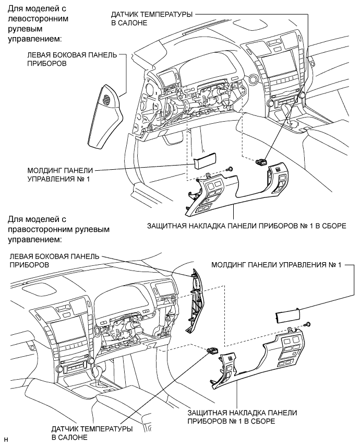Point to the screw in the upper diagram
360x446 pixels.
tap(230, 168)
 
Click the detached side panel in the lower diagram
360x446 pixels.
tap(194, 301)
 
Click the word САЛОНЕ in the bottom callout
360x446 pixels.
tap(71, 437)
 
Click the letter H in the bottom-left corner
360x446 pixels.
tap(6, 437)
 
